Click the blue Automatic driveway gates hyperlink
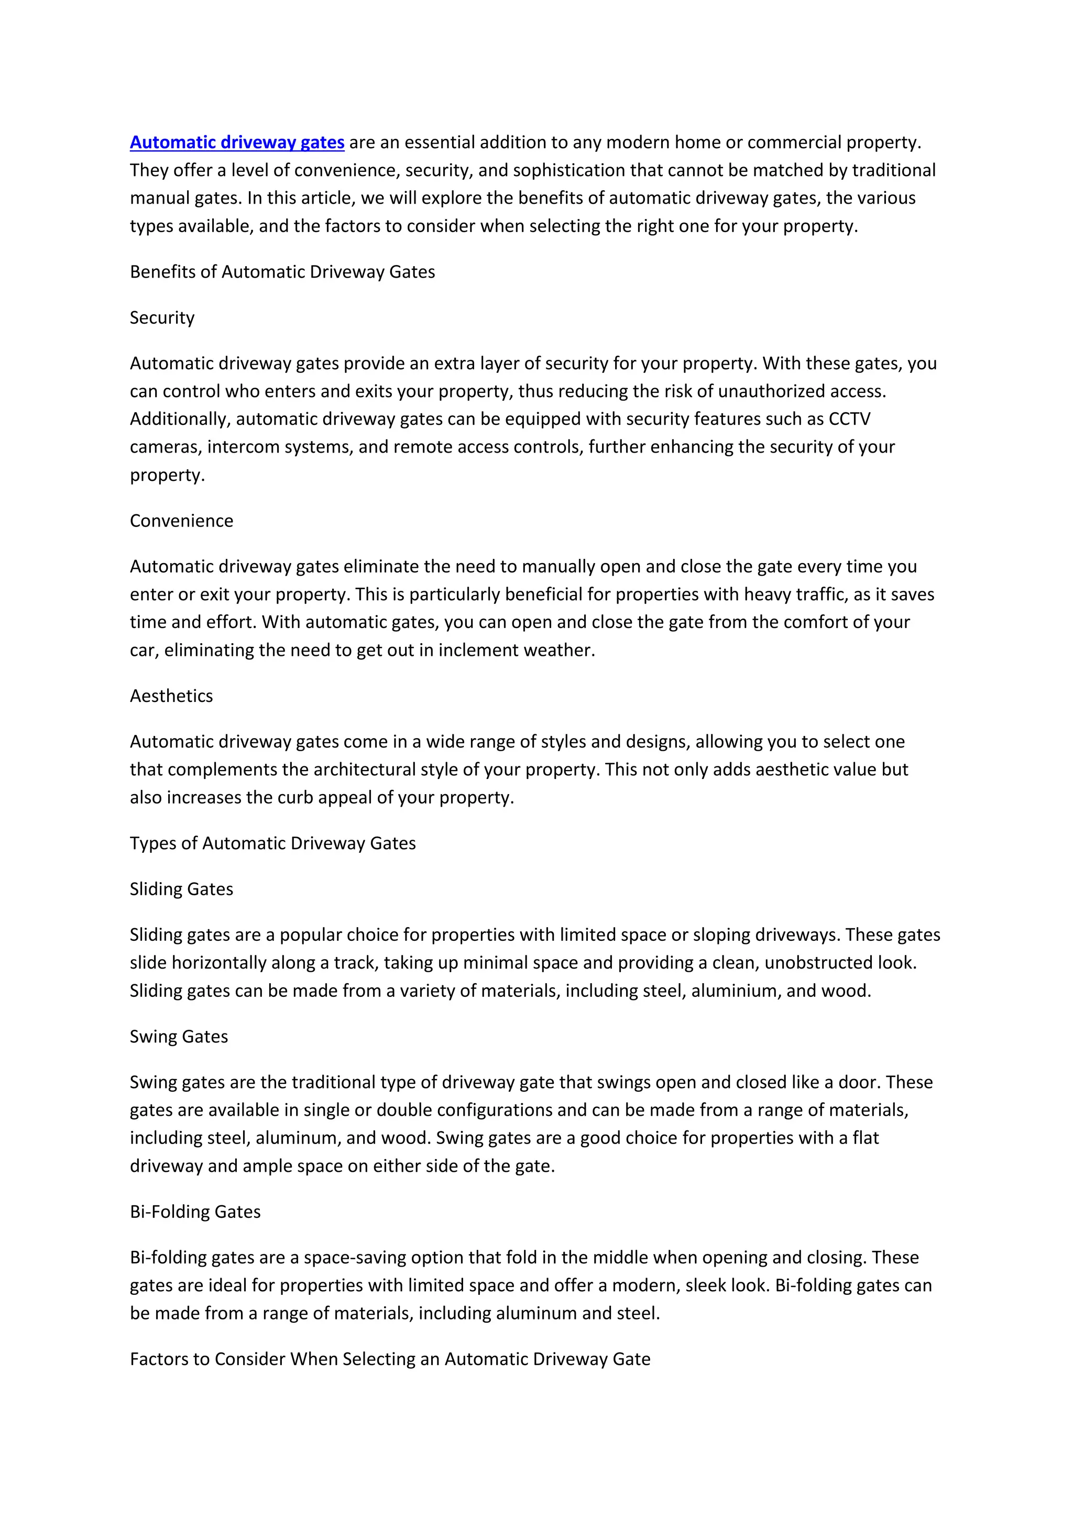236,142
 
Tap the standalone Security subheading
162,318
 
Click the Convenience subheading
181,521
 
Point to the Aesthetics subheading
171,696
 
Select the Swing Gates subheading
178,1036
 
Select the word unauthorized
769,391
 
